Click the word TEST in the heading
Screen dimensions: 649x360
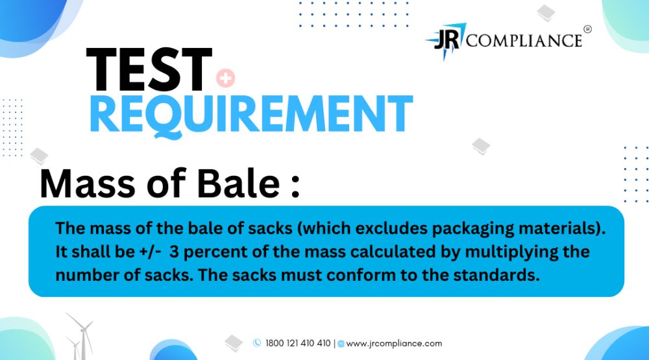[x=149, y=69]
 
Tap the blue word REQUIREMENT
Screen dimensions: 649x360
[x=251, y=115]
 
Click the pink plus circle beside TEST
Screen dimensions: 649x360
[x=226, y=78]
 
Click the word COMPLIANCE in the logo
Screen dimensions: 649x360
[x=524, y=41]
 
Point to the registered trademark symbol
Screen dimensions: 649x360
[x=587, y=29]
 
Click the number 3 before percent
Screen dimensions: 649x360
[x=174, y=252]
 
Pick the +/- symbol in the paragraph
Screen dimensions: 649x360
[x=151, y=252]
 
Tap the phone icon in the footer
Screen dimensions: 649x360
[x=257, y=342]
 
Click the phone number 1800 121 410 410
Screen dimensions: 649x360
[x=298, y=343]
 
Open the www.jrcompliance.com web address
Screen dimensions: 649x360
[x=394, y=343]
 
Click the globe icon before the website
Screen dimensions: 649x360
[x=341, y=343]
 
